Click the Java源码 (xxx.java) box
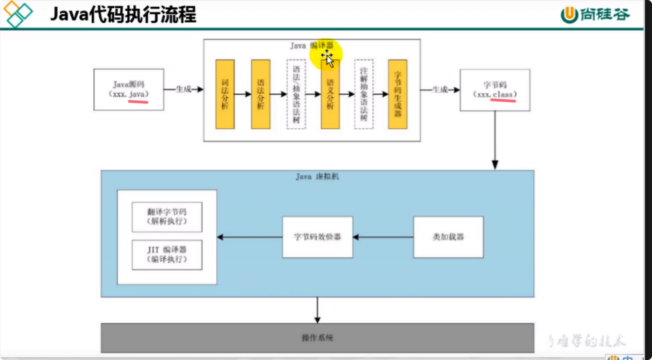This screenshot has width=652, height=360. click(129, 89)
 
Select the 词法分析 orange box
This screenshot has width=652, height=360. click(225, 94)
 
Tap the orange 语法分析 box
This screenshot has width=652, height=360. click(261, 94)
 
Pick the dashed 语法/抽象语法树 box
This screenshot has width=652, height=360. click(296, 94)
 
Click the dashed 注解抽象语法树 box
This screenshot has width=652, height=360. click(364, 94)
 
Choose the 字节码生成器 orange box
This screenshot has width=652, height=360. click(398, 94)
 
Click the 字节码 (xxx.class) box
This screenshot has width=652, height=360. click(495, 90)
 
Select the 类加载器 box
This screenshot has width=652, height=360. click(448, 237)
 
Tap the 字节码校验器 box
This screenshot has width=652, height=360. click(317, 237)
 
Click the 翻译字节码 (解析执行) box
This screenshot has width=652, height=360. click(167, 217)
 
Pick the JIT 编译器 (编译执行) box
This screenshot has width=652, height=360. click(167, 255)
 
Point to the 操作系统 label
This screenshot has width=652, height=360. click(317, 338)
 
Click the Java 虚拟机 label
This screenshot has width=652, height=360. click(317, 177)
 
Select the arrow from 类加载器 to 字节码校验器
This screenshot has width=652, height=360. click(383, 237)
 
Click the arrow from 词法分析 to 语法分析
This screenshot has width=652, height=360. click(243, 94)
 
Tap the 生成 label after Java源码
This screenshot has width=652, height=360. click(183, 89)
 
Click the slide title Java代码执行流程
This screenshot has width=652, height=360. click(123, 15)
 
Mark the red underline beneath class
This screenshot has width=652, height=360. click(503, 100)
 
